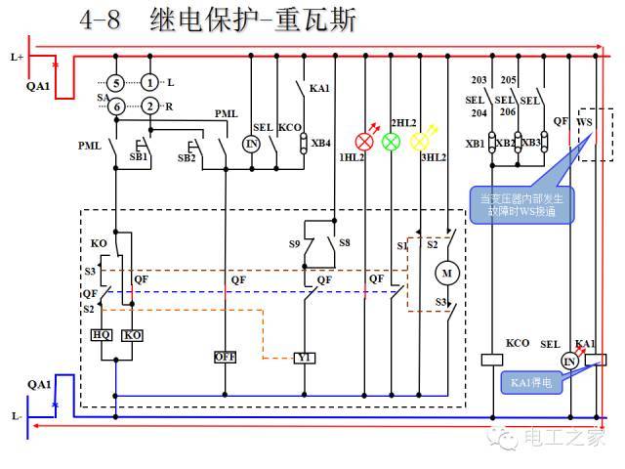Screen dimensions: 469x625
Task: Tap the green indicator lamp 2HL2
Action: coord(391,141)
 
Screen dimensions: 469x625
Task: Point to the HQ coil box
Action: coord(102,335)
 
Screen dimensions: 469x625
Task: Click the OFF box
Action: coord(226,358)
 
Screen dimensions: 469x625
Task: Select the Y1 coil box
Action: coord(305,358)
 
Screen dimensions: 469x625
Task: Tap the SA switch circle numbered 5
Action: coord(116,82)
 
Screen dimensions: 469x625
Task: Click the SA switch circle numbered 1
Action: coord(148,82)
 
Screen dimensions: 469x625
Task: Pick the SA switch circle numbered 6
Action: coord(116,107)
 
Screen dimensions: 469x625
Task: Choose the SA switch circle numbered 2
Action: coord(148,107)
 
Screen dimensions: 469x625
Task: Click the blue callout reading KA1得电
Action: coord(532,383)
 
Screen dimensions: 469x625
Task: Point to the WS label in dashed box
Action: coord(584,122)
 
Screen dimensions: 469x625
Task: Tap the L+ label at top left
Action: coord(17,57)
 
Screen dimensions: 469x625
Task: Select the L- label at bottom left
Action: coord(17,416)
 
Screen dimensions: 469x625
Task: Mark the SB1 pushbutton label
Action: coord(138,156)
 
